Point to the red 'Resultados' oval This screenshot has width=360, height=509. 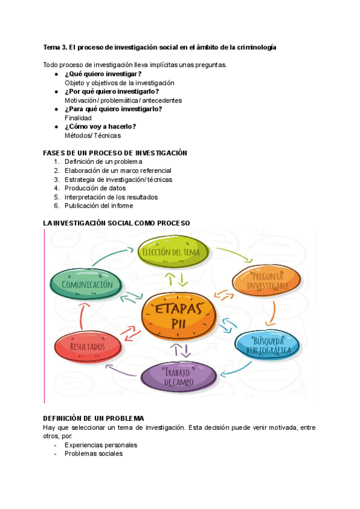(88, 346)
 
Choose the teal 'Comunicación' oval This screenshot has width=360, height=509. (87, 285)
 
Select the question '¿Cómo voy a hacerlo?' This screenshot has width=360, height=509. (100, 127)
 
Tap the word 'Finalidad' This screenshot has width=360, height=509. (78, 118)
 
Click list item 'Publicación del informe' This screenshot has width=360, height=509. (99, 206)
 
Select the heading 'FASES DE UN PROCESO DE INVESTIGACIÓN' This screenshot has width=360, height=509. (115, 153)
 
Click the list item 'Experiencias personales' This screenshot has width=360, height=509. (101, 445)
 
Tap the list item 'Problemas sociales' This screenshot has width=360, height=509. (94, 454)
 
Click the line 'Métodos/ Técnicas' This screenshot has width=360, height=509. (92, 136)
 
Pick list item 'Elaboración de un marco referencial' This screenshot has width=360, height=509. (118, 170)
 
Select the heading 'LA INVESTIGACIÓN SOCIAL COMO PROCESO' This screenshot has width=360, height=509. (116, 223)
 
